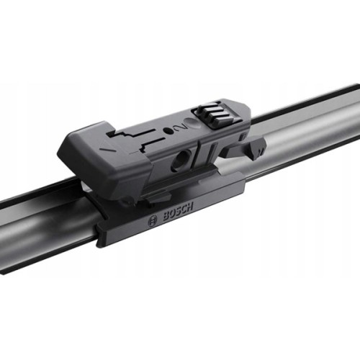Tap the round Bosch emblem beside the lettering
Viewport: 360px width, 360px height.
point(152,222)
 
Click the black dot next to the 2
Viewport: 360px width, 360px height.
point(170,130)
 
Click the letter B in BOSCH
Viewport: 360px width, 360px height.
point(159,218)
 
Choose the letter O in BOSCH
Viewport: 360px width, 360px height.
point(165,215)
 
